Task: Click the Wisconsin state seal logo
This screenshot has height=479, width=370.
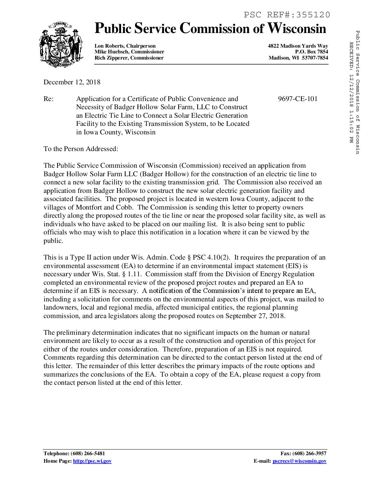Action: pyautogui.click(x=61, y=45)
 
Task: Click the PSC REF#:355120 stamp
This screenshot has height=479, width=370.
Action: pyautogui.click(x=287, y=15)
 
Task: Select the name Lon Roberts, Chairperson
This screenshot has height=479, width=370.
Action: pyautogui.click(x=125, y=46)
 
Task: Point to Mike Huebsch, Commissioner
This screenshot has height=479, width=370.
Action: pyautogui.click(x=129, y=52)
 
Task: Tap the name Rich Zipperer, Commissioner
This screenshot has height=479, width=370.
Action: pyautogui.click(x=129, y=58)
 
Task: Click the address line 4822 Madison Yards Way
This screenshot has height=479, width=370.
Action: pyautogui.click(x=298, y=46)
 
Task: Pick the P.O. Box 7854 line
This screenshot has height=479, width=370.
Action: pyautogui.click(x=312, y=52)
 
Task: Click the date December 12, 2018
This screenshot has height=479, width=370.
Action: pyautogui.click(x=72, y=82)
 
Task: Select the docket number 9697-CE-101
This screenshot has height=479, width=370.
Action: pyautogui.click(x=298, y=99)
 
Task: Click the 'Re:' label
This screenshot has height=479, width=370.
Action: pyautogui.click(x=48, y=99)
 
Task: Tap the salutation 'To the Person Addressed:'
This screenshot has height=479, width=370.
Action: pyautogui.click(x=81, y=149)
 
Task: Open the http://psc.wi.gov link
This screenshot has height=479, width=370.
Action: pyautogui.click(x=92, y=461)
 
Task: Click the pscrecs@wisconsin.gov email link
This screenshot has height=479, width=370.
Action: pyautogui.click(x=299, y=461)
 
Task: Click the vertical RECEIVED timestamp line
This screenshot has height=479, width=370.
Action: pyautogui.click(x=351, y=92)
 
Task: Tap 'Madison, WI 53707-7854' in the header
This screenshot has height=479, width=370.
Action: pyautogui.click(x=298, y=58)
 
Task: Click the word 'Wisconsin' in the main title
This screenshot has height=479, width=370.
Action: pyautogui.click(x=297, y=29)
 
